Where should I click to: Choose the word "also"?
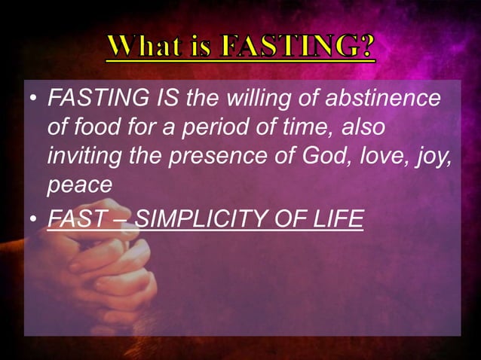click(364, 127)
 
